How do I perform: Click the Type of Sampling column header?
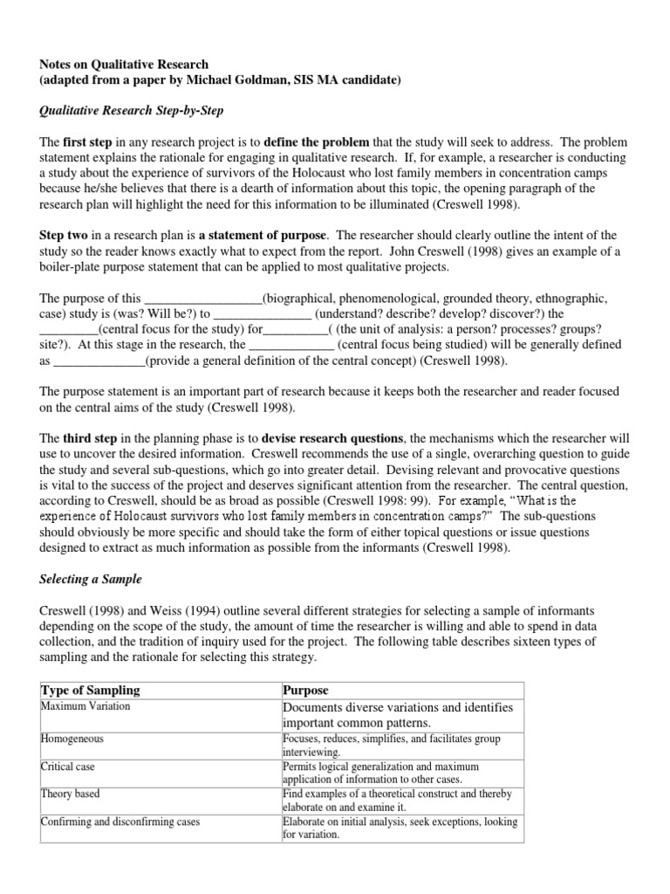click(91, 690)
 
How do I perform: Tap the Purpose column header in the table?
click(305, 690)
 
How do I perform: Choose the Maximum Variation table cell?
click(84, 705)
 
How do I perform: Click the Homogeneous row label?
click(72, 739)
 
